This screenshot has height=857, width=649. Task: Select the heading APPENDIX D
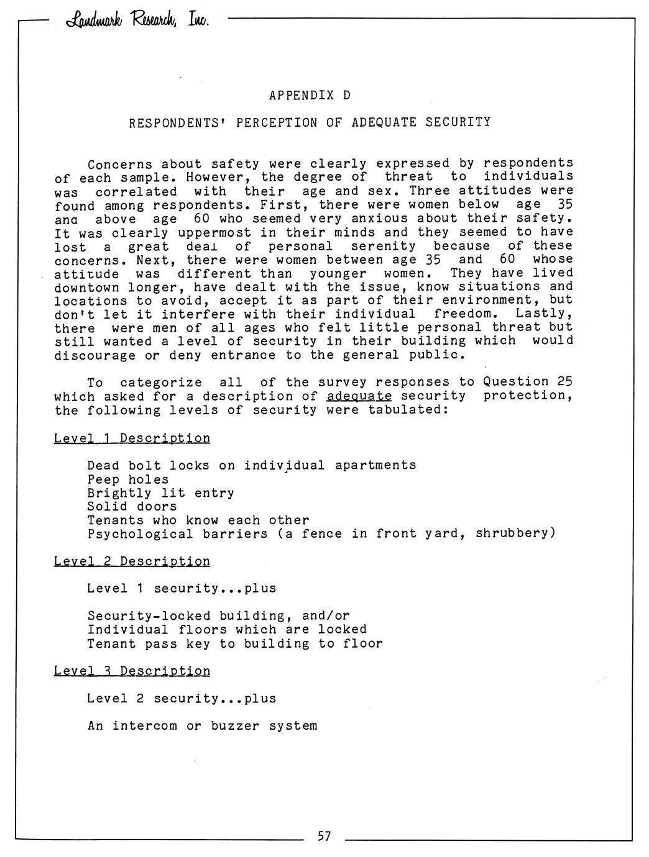click(x=310, y=96)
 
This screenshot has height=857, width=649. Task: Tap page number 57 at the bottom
click(x=324, y=837)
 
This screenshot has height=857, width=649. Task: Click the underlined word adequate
click(x=359, y=396)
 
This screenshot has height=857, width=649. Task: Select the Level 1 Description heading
click(x=132, y=438)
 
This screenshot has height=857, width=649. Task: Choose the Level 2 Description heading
click(x=132, y=561)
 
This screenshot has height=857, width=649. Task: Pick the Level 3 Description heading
click(x=132, y=671)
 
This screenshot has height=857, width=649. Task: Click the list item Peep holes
click(x=127, y=479)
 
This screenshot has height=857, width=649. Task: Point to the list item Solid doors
click(x=132, y=507)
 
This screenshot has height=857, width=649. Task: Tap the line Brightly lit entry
click(x=160, y=493)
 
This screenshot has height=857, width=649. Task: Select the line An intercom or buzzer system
click(x=202, y=726)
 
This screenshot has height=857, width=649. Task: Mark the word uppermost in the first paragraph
click(x=214, y=233)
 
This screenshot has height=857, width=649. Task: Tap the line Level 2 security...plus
click(x=181, y=699)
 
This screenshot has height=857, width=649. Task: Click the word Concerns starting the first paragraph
click(x=120, y=165)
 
